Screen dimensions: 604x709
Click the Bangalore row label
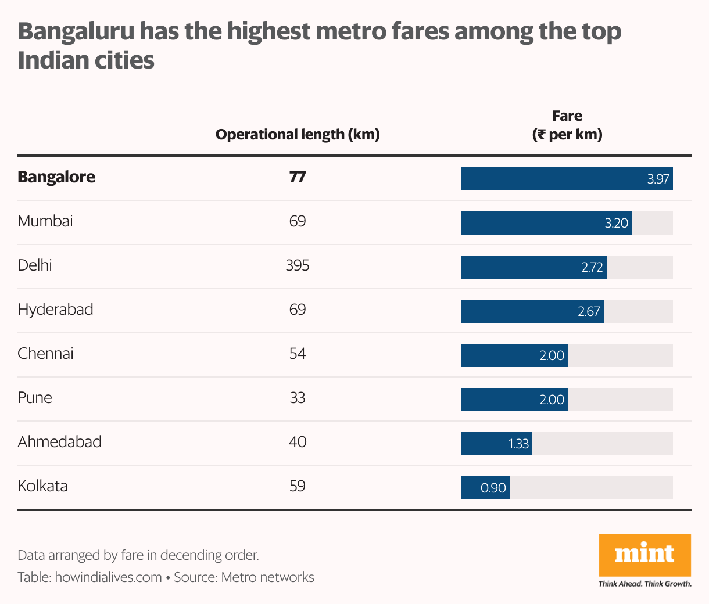56,177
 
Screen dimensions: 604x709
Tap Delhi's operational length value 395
298,265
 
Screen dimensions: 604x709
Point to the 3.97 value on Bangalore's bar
658,179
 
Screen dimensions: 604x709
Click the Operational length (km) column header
298,135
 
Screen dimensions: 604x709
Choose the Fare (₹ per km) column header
567,125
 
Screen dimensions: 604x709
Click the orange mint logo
644,555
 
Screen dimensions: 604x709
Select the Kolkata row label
42,486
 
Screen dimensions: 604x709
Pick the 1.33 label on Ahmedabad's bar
518,444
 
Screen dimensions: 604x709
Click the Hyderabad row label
55,310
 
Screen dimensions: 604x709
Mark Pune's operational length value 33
298,398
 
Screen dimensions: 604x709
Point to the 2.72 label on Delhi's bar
592,268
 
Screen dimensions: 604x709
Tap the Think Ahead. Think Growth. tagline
644,583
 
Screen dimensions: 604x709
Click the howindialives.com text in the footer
108,577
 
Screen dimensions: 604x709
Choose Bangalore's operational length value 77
298,177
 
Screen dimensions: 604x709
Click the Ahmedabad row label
59,442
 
